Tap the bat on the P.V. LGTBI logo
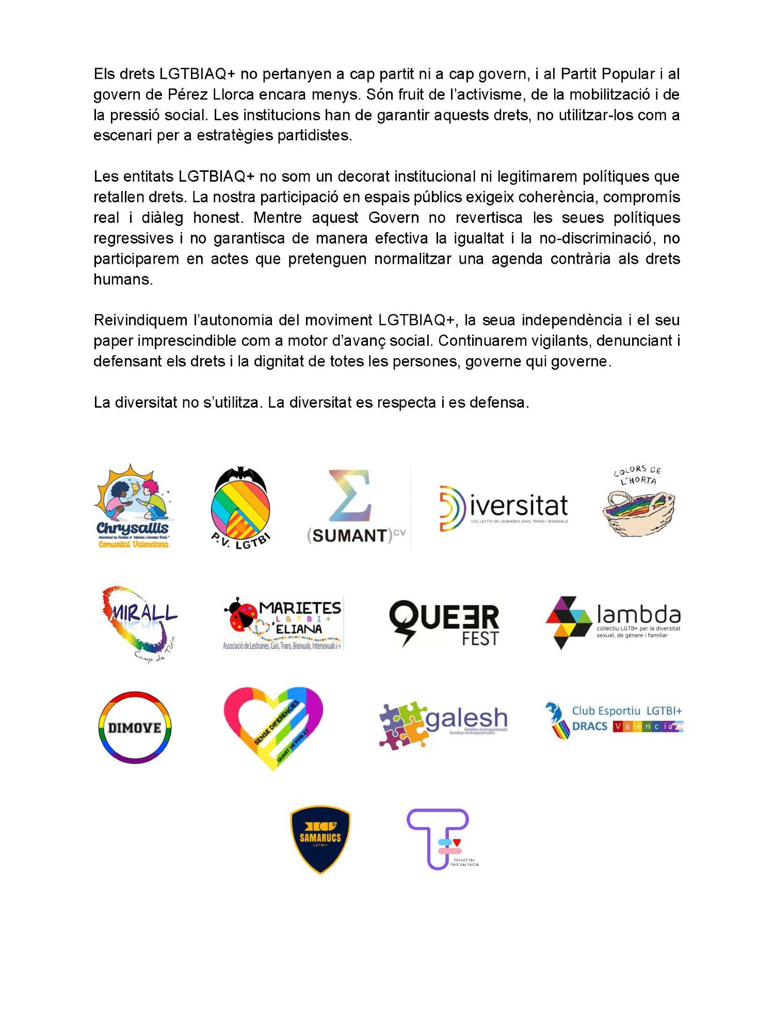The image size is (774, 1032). [x=241, y=475]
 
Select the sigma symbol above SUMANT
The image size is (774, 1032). [x=351, y=495]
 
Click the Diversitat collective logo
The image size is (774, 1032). [x=503, y=508]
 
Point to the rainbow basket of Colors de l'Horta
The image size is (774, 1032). [x=639, y=512]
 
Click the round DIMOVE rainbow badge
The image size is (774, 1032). [x=135, y=728]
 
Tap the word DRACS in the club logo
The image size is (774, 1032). [x=590, y=726]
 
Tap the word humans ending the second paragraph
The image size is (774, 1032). [x=122, y=279]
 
